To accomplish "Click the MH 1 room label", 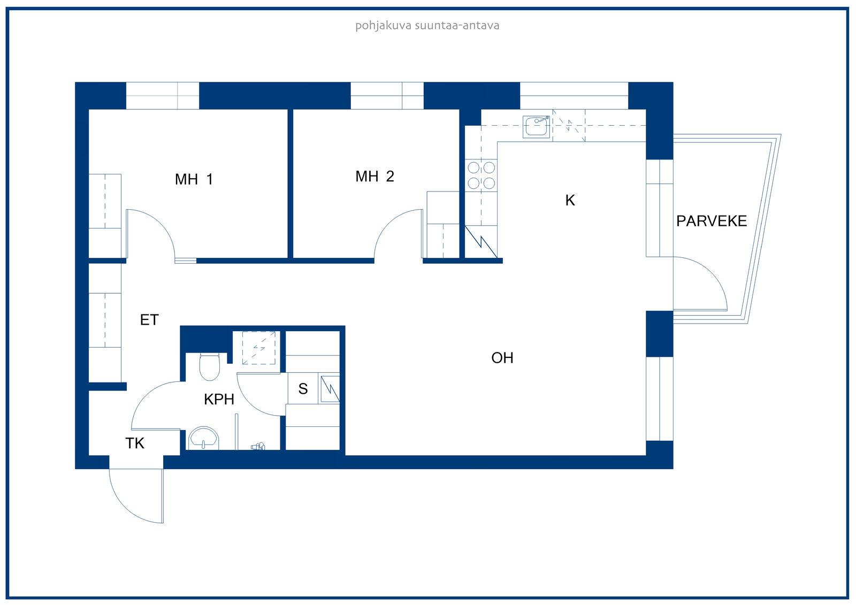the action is click(x=194, y=179).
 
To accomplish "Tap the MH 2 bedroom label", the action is click(x=374, y=176).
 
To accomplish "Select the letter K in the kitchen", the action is click(x=570, y=200).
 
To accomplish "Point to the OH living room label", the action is click(x=502, y=358).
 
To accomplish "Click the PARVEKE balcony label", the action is click(x=712, y=221).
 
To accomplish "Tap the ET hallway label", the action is click(x=149, y=320).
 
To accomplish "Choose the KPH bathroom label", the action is click(x=219, y=399).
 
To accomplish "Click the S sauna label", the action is click(x=303, y=389).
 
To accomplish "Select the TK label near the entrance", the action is click(x=134, y=443).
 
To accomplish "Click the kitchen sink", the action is click(x=536, y=126).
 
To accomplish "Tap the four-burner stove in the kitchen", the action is click(x=481, y=175).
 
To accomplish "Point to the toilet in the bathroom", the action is click(x=209, y=366).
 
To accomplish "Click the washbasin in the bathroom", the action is click(x=204, y=438).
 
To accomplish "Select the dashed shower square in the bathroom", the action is click(x=259, y=348).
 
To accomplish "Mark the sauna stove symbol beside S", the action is click(x=330, y=389).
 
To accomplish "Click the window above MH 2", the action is click(x=387, y=96).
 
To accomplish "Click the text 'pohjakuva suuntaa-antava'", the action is click(x=427, y=26).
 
